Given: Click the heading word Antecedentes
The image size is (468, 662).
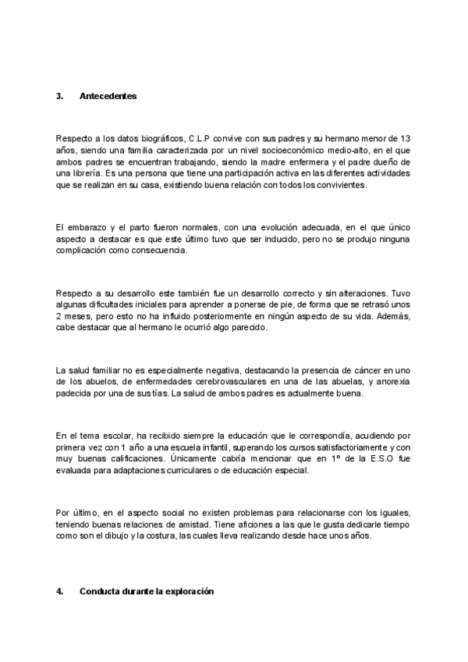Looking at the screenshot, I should [108, 96].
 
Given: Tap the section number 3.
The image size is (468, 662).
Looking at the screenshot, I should [59, 96].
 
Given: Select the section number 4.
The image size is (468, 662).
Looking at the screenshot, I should [59, 592].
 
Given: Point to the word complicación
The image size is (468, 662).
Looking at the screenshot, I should [82, 250].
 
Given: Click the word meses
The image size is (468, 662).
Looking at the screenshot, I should [82, 315].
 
